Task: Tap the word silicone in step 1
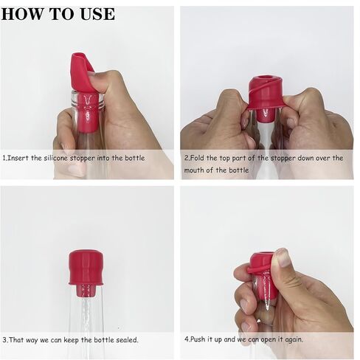pyautogui.click(x=55, y=158)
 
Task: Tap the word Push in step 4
pyautogui.click(x=198, y=339)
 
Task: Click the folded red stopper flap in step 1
pyautogui.click(x=82, y=72)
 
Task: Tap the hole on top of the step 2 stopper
pyautogui.click(x=264, y=79)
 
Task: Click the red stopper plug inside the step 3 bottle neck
pyautogui.click(x=86, y=290)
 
